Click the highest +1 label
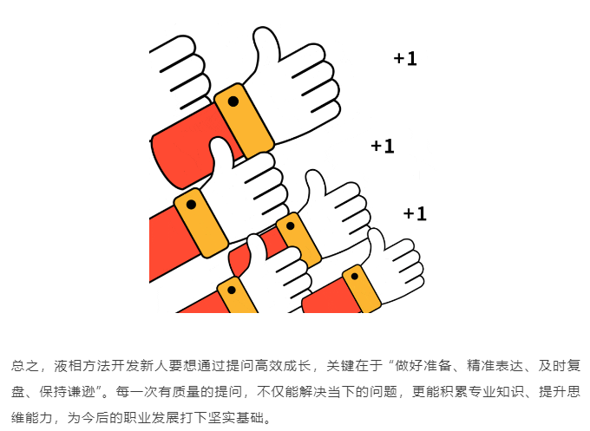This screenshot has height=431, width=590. [x=405, y=59]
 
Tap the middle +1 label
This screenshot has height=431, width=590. [x=383, y=146]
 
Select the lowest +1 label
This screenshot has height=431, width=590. [x=415, y=213]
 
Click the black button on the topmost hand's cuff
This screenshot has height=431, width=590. [x=233, y=101]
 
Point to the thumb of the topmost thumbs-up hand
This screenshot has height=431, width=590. [x=265, y=43]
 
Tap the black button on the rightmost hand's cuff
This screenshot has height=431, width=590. [x=355, y=277]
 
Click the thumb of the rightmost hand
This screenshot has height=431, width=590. [x=377, y=241]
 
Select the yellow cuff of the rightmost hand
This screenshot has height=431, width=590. [x=361, y=289]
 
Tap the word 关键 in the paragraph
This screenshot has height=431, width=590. [x=340, y=366]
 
